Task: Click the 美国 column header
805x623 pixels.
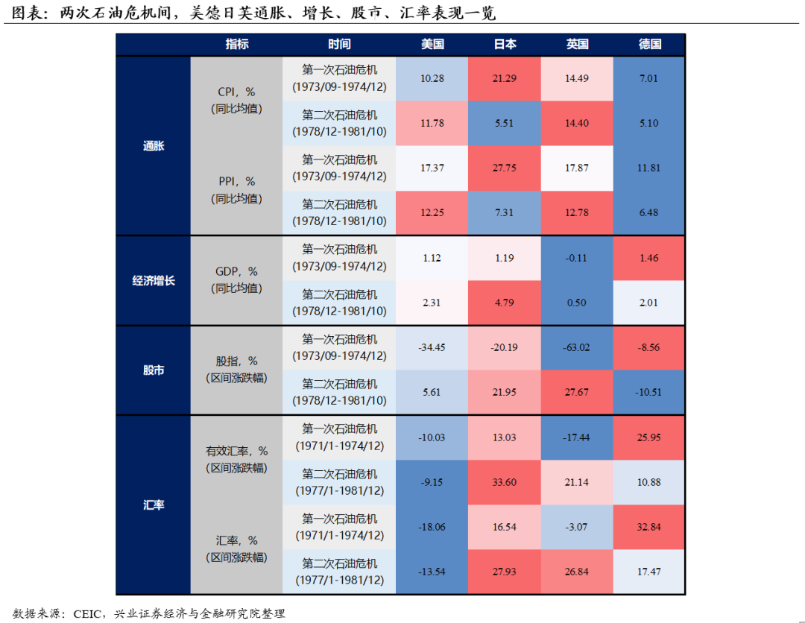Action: coord(432,44)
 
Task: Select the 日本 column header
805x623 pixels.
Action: coord(505,44)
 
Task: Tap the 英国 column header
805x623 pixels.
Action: coord(577,44)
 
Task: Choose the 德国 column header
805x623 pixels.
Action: coord(649,44)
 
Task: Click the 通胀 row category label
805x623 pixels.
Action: coord(154,146)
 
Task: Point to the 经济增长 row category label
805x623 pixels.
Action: coord(154,281)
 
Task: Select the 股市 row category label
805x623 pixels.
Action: coord(154,370)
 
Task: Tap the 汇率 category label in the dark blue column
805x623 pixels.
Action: coord(154,505)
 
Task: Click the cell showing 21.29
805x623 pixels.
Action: coord(505,78)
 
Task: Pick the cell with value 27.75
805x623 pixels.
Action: coord(505,168)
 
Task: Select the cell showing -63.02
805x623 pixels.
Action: coord(577,347)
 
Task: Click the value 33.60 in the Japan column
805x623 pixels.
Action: coord(505,482)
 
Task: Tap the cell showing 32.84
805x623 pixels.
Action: coord(649,527)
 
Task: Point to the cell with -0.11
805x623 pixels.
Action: coord(577,258)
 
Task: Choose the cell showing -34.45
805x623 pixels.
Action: coord(432,347)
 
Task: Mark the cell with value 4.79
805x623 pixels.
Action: coord(505,303)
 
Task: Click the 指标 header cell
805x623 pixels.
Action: coord(237,44)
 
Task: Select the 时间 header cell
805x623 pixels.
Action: coord(339,44)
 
